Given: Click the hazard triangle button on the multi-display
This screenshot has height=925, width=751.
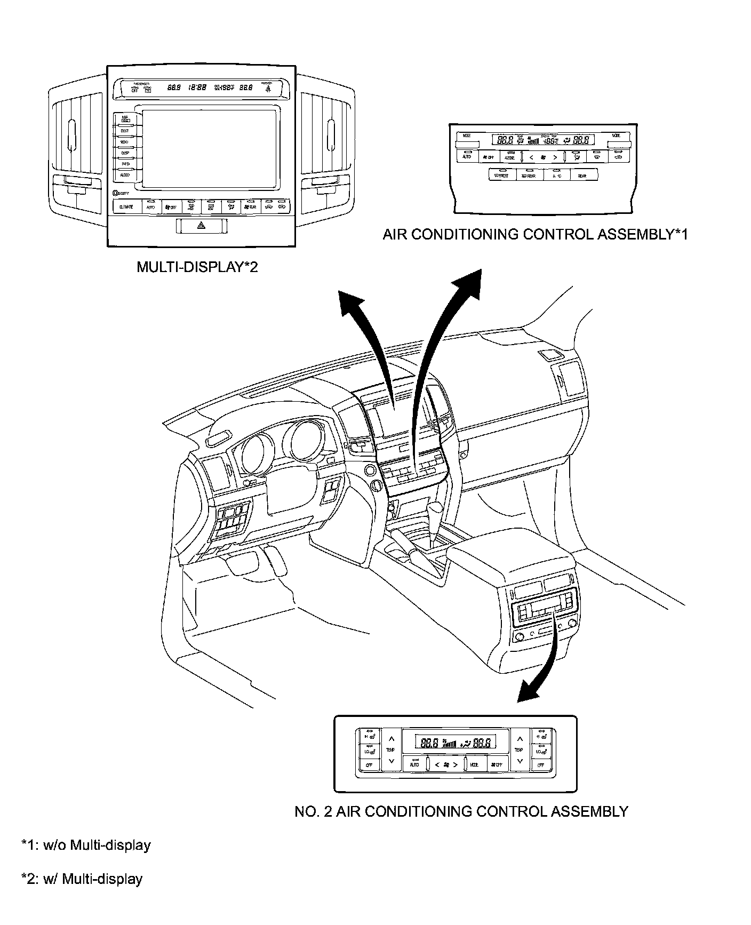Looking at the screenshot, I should [202, 226].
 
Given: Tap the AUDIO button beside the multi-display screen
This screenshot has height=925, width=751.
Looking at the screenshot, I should [125, 175].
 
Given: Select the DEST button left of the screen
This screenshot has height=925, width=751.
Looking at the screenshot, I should [125, 131].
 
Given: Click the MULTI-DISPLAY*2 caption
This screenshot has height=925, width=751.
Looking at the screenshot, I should [197, 267].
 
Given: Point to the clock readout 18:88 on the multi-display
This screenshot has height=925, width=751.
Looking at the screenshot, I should [197, 87].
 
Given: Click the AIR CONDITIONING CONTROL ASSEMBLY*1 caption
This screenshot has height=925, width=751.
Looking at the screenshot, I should [535, 234].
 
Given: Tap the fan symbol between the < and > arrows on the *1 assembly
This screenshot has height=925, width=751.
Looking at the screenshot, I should [544, 157].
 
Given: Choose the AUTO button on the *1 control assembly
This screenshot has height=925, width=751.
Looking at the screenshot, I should [467, 157].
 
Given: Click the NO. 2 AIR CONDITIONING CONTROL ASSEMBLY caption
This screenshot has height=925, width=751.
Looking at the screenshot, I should [461, 811].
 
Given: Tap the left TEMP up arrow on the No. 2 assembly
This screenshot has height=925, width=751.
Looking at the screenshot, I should [391, 739].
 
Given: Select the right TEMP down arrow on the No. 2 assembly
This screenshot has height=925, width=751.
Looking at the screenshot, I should [519, 761].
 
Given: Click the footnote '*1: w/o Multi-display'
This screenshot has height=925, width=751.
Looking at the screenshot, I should [86, 845].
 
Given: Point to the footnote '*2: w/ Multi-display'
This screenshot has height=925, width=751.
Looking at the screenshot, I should [82, 879].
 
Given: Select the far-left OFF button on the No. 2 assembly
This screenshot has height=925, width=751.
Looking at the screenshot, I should [369, 765].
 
